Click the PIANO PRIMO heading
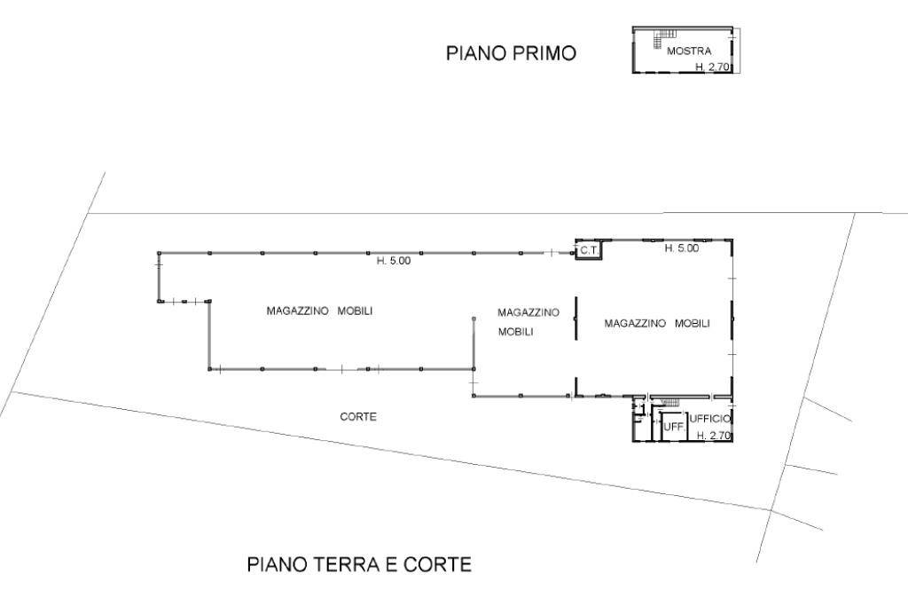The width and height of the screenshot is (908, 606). pyautogui.click(x=510, y=54)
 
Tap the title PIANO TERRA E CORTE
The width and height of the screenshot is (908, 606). pyautogui.click(x=359, y=564)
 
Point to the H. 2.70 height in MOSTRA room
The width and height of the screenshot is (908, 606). pyautogui.click(x=711, y=67)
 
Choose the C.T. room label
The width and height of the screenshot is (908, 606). pyautogui.click(x=589, y=251)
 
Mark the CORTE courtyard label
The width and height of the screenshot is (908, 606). pyautogui.click(x=359, y=416)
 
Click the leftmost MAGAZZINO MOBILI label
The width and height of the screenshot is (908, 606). pyautogui.click(x=319, y=311)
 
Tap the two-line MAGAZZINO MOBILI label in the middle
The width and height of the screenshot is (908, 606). pyautogui.click(x=528, y=321)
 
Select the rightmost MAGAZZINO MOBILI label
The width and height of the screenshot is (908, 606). pyautogui.click(x=657, y=324)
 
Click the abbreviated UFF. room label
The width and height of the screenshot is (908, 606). pyautogui.click(x=673, y=428)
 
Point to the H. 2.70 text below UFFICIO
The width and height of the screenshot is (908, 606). pyautogui.click(x=713, y=436)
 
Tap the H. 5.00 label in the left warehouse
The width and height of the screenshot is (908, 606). pyautogui.click(x=394, y=261)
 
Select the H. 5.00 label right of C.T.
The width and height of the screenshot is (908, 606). pyautogui.click(x=682, y=248)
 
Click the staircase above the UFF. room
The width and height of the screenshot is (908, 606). pyautogui.click(x=669, y=404)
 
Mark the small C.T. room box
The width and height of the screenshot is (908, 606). pyautogui.click(x=589, y=250)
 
